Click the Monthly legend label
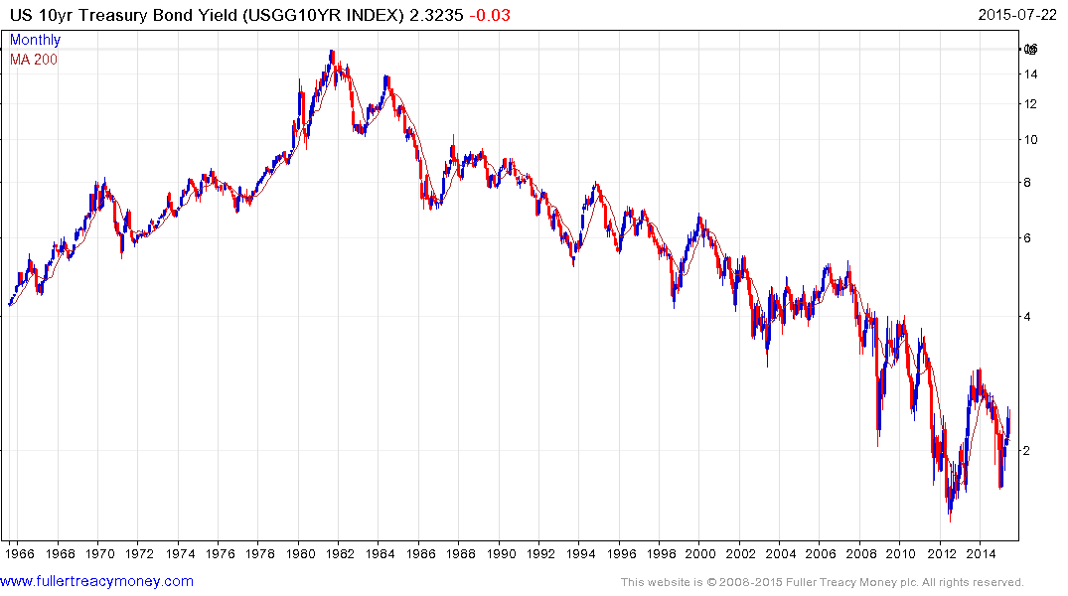click(35, 40)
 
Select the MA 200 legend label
click(33, 59)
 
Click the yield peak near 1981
click(332, 51)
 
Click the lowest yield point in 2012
click(951, 521)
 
